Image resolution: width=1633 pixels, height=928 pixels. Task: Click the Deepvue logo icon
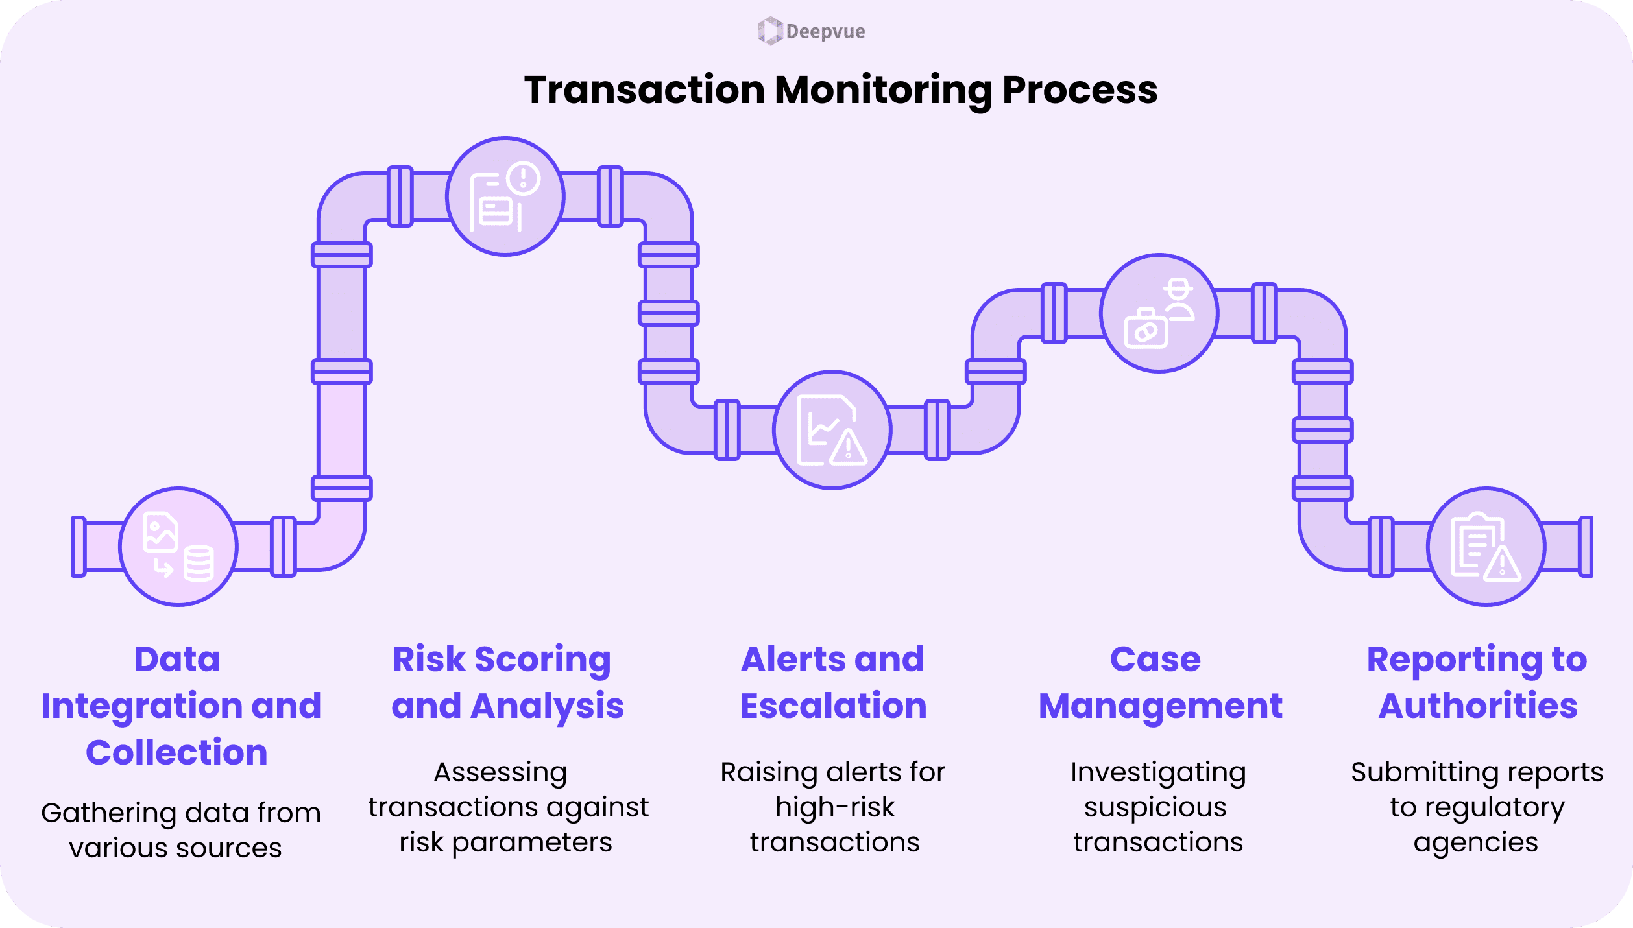tap(770, 31)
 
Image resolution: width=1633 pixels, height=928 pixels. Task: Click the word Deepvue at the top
tap(825, 31)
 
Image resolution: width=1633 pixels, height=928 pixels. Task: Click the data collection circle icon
tap(178, 547)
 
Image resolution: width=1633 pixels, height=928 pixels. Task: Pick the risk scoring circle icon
tap(505, 196)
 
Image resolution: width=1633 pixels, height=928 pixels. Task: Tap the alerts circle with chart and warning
tap(832, 430)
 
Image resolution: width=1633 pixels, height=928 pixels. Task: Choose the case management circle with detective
tap(1159, 313)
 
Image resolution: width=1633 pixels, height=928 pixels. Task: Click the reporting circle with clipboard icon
tap(1486, 547)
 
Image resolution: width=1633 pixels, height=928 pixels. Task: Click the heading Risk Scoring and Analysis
tap(507, 682)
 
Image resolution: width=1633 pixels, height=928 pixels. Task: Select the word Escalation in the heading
tap(834, 706)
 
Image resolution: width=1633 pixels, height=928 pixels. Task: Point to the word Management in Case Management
tap(1160, 706)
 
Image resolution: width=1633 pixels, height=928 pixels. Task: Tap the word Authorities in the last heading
tap(1478, 706)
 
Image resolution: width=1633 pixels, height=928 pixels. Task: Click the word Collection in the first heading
tap(176, 753)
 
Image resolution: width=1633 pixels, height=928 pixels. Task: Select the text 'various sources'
tap(175, 848)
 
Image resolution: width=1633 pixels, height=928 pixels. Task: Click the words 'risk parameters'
tap(505, 842)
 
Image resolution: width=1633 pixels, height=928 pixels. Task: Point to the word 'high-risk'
tap(834, 807)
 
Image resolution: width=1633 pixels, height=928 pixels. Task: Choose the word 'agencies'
tap(1475, 842)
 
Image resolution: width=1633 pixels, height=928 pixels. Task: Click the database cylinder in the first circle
tap(199, 564)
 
